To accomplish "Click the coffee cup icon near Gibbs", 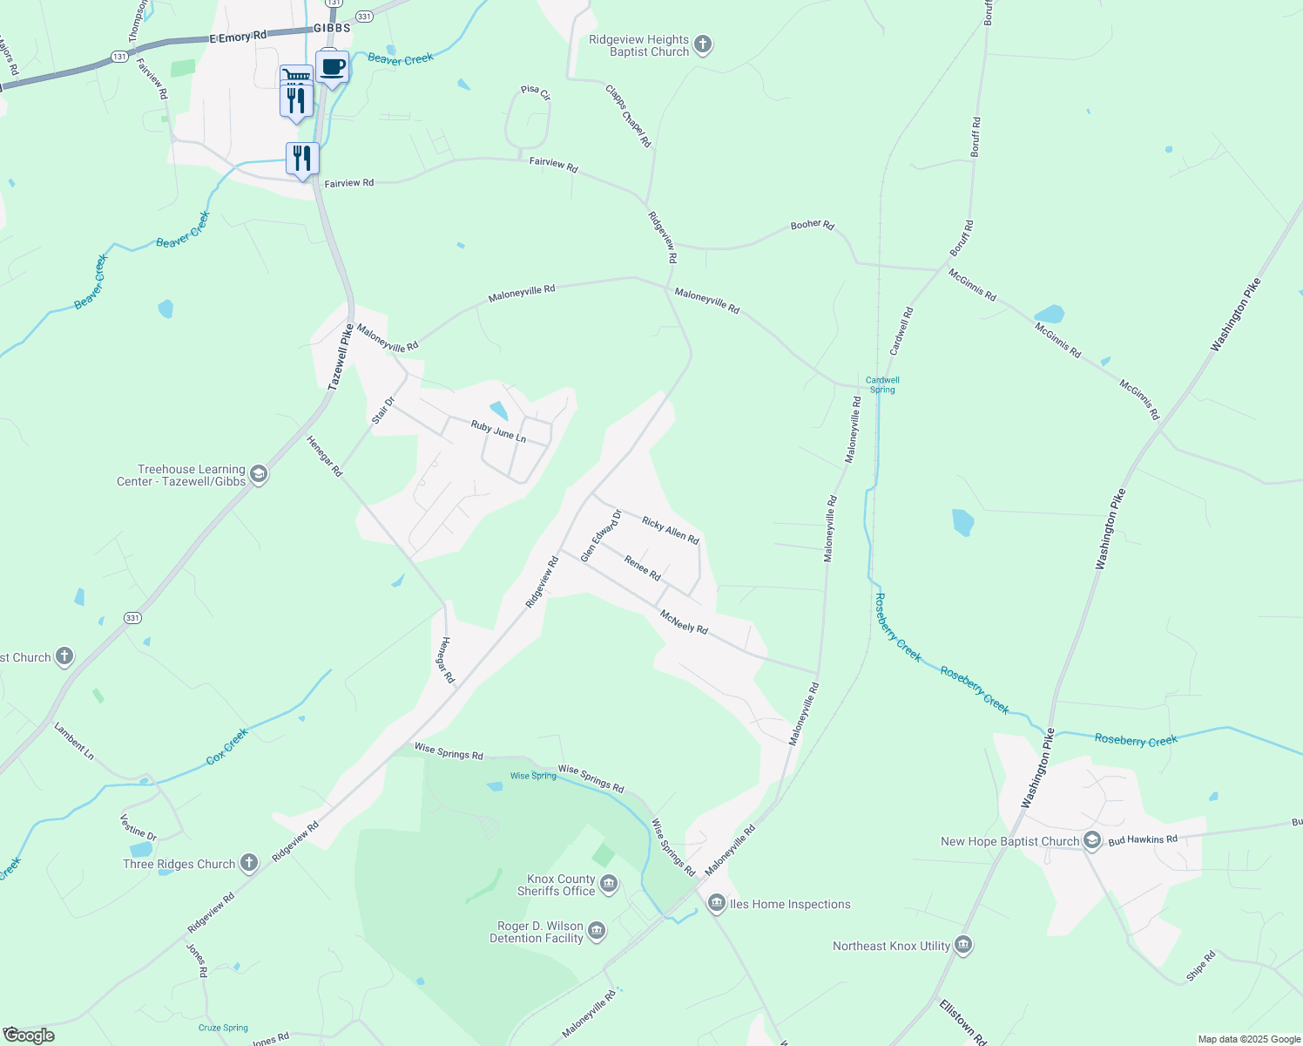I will pyautogui.click(x=332, y=67).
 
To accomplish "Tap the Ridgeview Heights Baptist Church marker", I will pyautogui.click(x=703, y=44).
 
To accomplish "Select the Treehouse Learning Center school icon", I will pyautogui.click(x=258, y=474).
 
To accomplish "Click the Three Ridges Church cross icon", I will pyautogui.click(x=249, y=863).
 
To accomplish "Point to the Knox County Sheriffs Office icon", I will pyautogui.click(x=609, y=885).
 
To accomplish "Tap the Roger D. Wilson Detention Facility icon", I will pyautogui.click(x=597, y=932).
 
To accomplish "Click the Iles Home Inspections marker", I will pyautogui.click(x=717, y=904).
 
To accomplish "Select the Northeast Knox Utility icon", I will pyautogui.click(x=963, y=945).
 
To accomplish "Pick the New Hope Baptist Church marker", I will pyautogui.click(x=1092, y=841).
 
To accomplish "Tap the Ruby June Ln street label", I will pyautogui.click(x=498, y=431).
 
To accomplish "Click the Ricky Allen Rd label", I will pyautogui.click(x=671, y=530).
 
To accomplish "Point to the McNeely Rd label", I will pyautogui.click(x=684, y=621).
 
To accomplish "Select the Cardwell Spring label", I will pyautogui.click(x=882, y=384).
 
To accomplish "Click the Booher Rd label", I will pyautogui.click(x=812, y=225).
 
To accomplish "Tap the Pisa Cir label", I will pyautogui.click(x=536, y=92).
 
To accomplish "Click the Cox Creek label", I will pyautogui.click(x=227, y=747).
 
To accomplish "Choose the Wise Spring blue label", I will pyautogui.click(x=533, y=775).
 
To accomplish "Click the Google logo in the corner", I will pyautogui.click(x=29, y=1035).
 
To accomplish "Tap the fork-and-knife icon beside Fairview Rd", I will pyautogui.click(x=302, y=159).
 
